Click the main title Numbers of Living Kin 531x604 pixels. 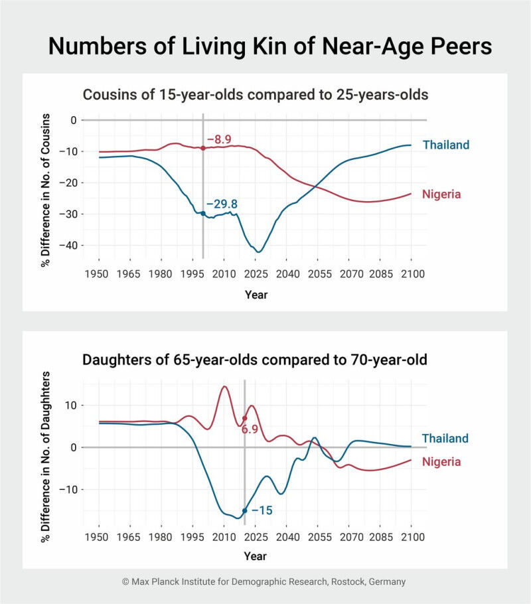pyautogui.click(x=265, y=46)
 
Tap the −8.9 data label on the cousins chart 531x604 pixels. pyautogui.click(x=218, y=139)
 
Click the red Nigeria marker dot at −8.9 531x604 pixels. pyautogui.click(x=202, y=148)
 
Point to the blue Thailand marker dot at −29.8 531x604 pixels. pyautogui.click(x=202, y=213)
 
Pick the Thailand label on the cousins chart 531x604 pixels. pyautogui.click(x=445, y=144)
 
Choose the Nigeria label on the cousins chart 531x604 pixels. pyautogui.click(x=441, y=194)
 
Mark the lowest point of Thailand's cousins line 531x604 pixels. pyautogui.click(x=260, y=252)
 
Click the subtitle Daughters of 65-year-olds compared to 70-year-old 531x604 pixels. pyautogui.click(x=255, y=360)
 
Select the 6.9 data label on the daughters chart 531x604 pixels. pyautogui.click(x=250, y=430)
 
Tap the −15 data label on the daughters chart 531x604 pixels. pyautogui.click(x=262, y=510)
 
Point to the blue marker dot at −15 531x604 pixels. pyautogui.click(x=245, y=510)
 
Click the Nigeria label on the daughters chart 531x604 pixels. pyautogui.click(x=441, y=461)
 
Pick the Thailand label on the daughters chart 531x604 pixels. pyautogui.click(x=445, y=438)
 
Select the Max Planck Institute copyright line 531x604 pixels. pyautogui.click(x=264, y=581)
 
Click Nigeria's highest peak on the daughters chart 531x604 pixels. pyautogui.click(x=224, y=386)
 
